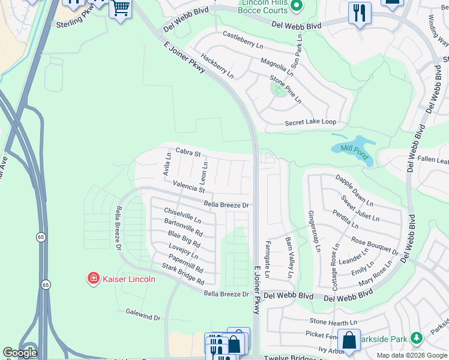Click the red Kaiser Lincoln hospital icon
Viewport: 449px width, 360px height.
(x=94, y=278)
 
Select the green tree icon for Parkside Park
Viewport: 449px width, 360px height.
(x=415, y=339)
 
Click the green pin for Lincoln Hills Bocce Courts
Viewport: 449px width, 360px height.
(x=295, y=6)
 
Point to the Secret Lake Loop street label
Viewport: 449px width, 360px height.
(x=310, y=122)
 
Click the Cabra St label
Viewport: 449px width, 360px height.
(x=188, y=152)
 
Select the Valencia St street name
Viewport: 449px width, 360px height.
(x=188, y=187)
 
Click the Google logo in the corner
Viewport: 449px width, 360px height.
(x=20, y=353)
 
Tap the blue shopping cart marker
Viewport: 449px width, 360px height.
(x=121, y=9)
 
